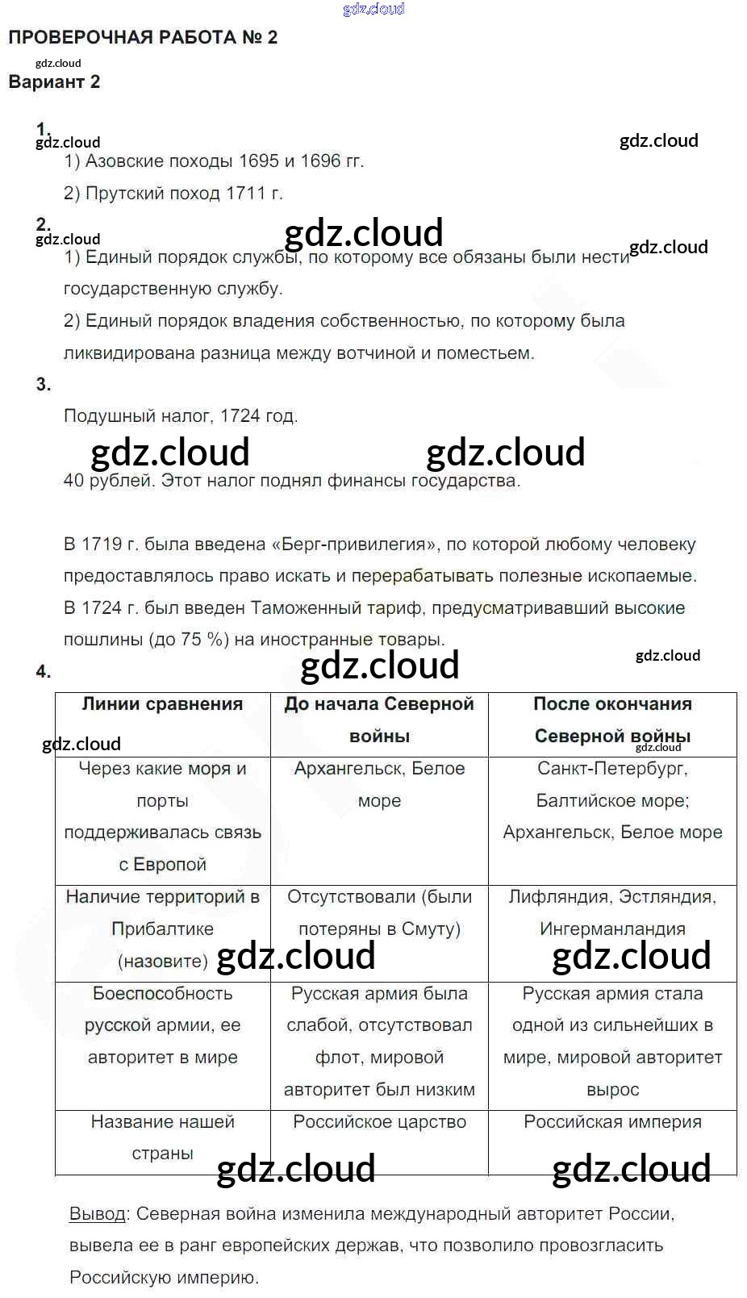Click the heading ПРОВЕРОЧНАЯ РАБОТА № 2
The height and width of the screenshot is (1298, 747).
point(143,38)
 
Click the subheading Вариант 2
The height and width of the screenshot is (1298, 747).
point(54,82)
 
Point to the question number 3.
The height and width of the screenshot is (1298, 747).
point(43,385)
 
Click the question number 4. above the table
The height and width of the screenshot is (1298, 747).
point(43,672)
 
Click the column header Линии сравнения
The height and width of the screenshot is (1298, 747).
point(162,704)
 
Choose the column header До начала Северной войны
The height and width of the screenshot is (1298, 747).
point(379,720)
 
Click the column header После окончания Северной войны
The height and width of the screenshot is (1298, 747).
point(612,720)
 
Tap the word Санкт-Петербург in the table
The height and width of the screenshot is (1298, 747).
point(611,769)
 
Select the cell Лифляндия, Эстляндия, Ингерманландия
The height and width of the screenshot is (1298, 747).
point(612,913)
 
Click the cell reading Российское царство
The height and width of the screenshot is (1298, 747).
point(379,1122)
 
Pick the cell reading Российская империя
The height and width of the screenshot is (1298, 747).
point(612,1122)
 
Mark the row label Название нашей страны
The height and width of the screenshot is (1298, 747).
point(162,1137)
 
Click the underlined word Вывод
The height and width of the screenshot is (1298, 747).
point(98,1214)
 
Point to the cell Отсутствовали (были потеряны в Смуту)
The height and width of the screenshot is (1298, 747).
point(379,913)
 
